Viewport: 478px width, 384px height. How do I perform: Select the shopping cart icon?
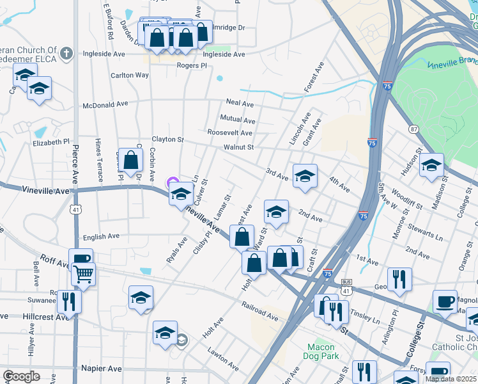83,275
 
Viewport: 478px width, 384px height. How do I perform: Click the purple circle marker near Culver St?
171,182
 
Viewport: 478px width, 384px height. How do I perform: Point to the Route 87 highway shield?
415,129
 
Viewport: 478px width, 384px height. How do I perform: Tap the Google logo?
21,376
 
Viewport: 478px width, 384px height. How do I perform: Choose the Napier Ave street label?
102,369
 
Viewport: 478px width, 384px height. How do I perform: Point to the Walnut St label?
238,147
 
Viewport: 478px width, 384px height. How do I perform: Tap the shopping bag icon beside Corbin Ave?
130,160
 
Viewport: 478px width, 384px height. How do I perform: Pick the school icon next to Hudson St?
431,165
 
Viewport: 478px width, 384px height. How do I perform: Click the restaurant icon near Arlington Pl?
399,279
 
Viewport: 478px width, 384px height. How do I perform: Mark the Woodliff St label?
405,195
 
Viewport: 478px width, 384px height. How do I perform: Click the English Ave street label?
101,236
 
